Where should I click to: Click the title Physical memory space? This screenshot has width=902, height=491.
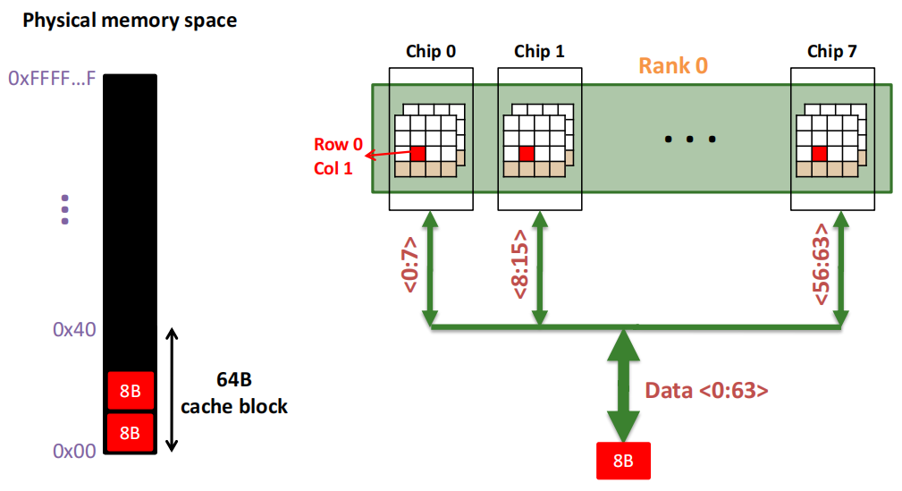pos(130,21)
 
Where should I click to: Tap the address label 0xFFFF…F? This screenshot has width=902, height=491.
pos(52,78)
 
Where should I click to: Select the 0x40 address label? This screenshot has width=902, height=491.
pos(74,329)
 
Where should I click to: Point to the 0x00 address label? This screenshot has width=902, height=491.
pos(74,451)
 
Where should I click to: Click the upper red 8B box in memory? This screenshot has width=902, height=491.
pos(131,391)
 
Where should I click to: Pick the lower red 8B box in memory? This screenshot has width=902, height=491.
pos(131,432)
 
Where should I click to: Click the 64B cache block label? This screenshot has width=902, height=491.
pos(234,393)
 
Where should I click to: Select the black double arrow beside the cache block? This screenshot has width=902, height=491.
pos(172,390)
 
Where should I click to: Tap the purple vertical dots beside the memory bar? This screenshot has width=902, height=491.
pos(65,209)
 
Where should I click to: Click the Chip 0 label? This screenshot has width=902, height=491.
pos(430,51)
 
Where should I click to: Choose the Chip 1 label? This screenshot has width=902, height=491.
pos(539,51)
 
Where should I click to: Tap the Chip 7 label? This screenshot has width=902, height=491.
pos(831,51)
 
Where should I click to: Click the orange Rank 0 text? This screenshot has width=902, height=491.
pos(673,65)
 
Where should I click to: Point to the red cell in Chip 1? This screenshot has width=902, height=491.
pos(527,154)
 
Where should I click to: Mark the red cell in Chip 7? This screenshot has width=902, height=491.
pos(819,154)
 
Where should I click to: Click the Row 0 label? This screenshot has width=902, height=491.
pos(338,144)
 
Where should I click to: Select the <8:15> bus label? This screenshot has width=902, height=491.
pos(519,264)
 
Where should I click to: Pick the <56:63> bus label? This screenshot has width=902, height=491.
pos(821,264)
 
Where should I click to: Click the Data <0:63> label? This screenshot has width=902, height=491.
pos(706,390)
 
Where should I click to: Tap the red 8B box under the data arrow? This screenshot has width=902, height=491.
pos(624,461)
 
